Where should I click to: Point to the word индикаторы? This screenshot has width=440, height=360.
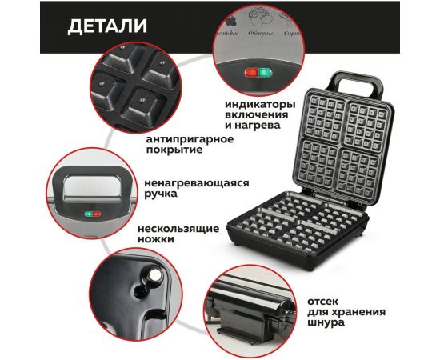[260, 105]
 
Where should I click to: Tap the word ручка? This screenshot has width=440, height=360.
[165, 194]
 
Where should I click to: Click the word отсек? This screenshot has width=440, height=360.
[324, 301]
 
